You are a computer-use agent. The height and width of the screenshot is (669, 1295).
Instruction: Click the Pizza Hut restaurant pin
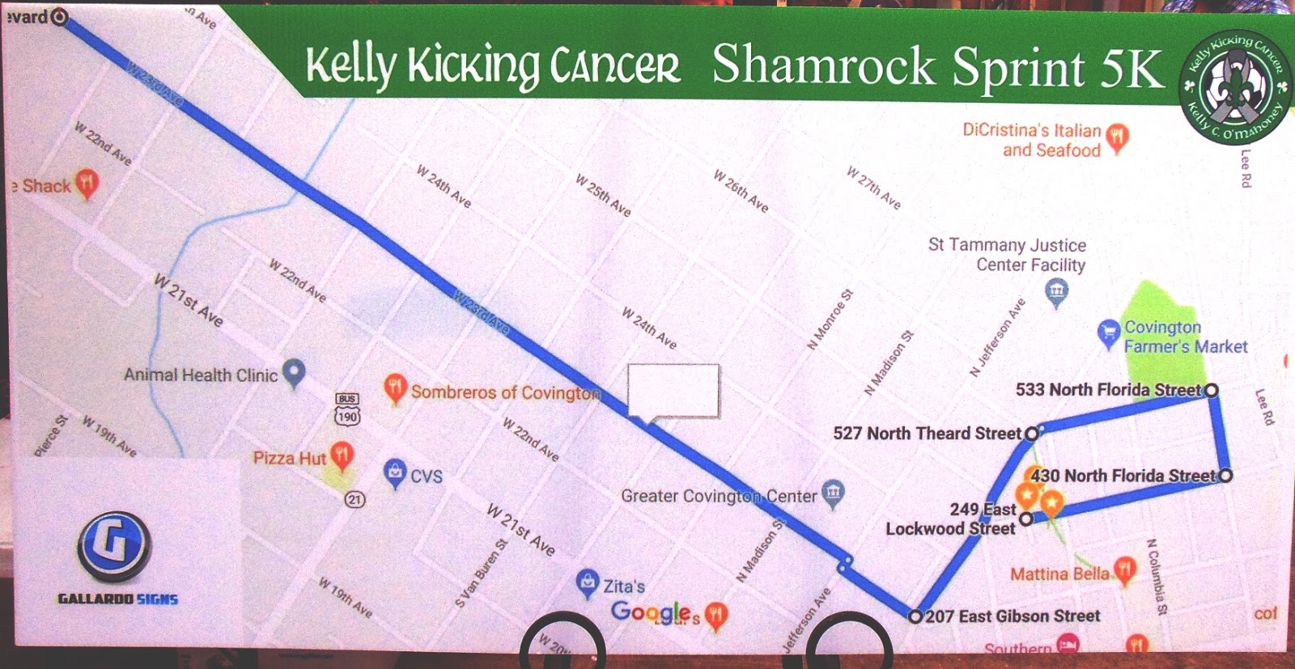pyautogui.click(x=342, y=455)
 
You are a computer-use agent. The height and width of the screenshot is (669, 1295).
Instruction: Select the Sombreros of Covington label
pyautogui.click(x=505, y=392)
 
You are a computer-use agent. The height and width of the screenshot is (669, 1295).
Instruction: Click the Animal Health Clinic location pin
pyautogui.click(x=294, y=372)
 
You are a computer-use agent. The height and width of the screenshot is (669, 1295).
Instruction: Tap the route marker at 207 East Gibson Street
pyautogui.click(x=915, y=616)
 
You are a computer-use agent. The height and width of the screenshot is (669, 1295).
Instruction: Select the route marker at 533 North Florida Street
pyautogui.click(x=1212, y=390)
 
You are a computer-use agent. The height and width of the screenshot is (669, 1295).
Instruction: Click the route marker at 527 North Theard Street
pyautogui.click(x=1032, y=434)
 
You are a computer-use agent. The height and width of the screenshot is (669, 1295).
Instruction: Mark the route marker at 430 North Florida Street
pyautogui.click(x=1226, y=476)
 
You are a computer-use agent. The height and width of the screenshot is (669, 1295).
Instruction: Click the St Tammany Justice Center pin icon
pyautogui.click(x=1055, y=291)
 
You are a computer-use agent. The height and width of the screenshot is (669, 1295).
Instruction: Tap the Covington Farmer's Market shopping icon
pyautogui.click(x=1108, y=333)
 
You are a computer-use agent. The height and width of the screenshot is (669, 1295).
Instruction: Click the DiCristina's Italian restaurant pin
pyautogui.click(x=1118, y=138)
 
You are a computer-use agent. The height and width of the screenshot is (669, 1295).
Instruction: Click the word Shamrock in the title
pyautogui.click(x=824, y=66)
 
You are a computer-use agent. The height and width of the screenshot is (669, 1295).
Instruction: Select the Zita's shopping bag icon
pyautogui.click(x=587, y=582)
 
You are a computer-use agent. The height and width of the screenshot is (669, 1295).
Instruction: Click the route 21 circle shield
pyautogui.click(x=355, y=499)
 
